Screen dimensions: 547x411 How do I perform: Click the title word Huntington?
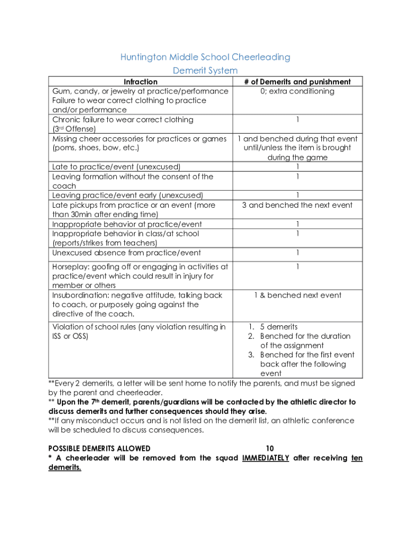[x=143, y=57]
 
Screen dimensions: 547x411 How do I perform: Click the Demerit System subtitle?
[x=205, y=71]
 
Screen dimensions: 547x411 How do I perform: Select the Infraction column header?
[x=140, y=82]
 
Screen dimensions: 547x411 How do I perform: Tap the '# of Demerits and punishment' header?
[x=297, y=82]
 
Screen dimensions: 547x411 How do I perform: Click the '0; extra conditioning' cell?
[x=297, y=91]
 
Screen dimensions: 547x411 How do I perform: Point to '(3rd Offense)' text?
[x=74, y=129]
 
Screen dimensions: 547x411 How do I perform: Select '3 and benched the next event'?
[x=297, y=205]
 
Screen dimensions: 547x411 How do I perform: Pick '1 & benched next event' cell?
[x=297, y=295]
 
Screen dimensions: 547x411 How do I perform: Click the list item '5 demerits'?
[x=279, y=327]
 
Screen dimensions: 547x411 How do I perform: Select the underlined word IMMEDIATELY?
[x=265, y=458]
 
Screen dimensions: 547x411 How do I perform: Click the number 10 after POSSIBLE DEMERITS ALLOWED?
[x=270, y=449]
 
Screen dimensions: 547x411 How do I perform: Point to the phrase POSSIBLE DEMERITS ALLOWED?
[x=99, y=449]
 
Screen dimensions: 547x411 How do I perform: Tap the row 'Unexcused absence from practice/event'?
[x=127, y=253]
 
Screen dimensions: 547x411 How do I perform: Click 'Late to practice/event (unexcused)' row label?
[x=116, y=167]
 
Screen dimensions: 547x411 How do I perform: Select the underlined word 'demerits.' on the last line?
[x=65, y=467]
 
